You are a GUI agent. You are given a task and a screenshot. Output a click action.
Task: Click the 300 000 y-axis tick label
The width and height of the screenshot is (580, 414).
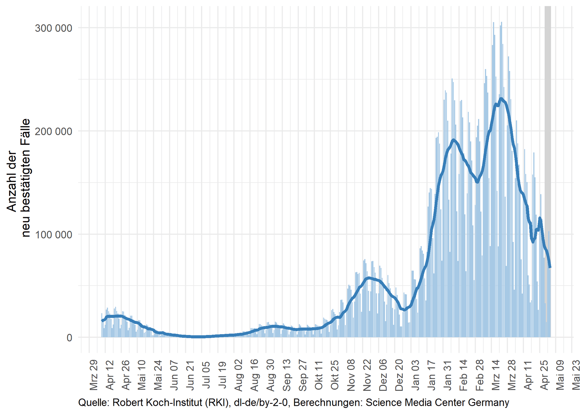click(x=53, y=28)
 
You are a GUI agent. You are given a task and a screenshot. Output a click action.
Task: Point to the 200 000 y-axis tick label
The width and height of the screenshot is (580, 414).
click(x=53, y=131)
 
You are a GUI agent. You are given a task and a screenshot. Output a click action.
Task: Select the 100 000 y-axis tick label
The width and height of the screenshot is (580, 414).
click(x=53, y=235)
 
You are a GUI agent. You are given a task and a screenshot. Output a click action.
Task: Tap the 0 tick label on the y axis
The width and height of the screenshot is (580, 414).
click(x=69, y=338)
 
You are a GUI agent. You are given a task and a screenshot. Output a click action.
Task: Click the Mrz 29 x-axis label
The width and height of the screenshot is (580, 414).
click(x=94, y=375)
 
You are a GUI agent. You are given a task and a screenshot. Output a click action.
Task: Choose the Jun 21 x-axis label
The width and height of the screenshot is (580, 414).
click(x=190, y=375)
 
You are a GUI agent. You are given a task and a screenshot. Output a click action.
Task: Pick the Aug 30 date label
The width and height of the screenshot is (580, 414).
click(x=271, y=375)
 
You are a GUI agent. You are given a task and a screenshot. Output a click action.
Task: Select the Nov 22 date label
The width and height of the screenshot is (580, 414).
click(x=367, y=375)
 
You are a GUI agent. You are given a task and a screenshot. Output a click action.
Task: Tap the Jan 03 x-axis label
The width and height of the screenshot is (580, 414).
click(x=415, y=375)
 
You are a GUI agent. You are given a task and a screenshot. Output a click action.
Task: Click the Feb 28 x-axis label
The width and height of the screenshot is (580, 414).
click(x=480, y=375)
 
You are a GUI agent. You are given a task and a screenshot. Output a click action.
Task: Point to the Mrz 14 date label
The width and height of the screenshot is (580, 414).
click(x=496, y=375)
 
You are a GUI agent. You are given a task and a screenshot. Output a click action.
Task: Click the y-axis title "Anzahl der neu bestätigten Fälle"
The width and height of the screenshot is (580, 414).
click(x=18, y=178)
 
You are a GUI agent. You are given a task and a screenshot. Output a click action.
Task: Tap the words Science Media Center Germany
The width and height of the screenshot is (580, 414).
click(x=437, y=402)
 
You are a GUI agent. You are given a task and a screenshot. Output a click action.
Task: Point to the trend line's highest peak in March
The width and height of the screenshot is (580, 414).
click(x=501, y=99)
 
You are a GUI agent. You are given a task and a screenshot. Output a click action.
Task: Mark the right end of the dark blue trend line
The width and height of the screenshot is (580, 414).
click(x=550, y=267)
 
